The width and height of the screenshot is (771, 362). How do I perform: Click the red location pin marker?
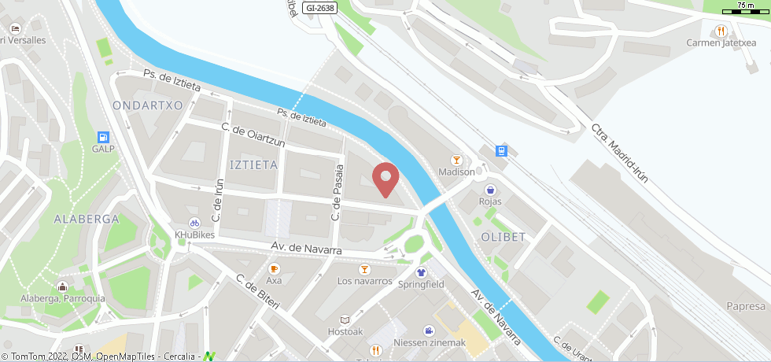385,179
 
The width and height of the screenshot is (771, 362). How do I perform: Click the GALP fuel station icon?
103,136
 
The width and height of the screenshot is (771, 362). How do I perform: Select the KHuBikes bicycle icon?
194,223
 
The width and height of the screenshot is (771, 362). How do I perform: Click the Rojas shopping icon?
491,190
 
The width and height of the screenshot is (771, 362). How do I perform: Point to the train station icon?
501,150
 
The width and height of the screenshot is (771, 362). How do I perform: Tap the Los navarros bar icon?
364,269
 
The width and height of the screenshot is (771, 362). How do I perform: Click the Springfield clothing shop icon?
421,271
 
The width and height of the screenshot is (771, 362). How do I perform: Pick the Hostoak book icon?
345,320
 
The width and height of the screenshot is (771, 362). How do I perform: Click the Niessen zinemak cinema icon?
430,331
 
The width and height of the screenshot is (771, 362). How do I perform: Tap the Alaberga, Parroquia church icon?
62,286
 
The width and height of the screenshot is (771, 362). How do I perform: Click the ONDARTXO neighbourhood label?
148,105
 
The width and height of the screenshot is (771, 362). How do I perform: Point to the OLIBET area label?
503,236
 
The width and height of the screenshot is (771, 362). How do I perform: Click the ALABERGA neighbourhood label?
87,219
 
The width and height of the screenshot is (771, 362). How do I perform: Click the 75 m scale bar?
746,9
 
